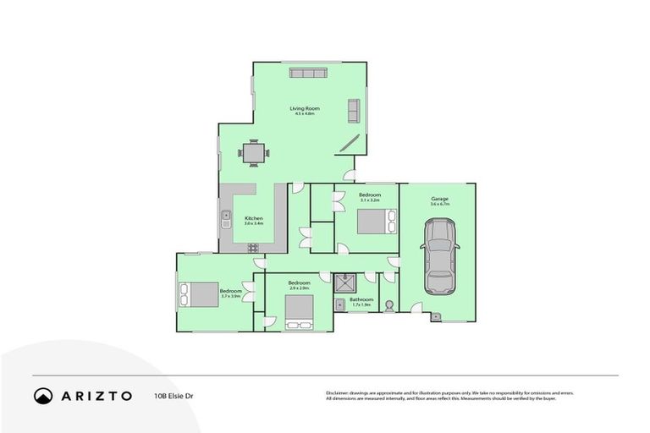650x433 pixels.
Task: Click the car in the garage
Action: tap(439, 256)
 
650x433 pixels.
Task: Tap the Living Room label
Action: tap(304, 108)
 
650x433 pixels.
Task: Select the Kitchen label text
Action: tap(254, 217)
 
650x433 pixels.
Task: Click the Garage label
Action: tap(439, 199)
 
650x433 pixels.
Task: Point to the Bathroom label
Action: tap(363, 299)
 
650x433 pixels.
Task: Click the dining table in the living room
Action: tap(254, 152)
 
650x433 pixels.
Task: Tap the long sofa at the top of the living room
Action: tap(308, 74)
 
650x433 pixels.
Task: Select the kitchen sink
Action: tap(226, 220)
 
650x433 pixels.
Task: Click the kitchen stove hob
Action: tap(252, 248)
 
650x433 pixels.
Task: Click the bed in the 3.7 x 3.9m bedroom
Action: tap(196, 294)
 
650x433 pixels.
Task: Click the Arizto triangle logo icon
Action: tap(43, 395)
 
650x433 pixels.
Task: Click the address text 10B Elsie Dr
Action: tap(173, 395)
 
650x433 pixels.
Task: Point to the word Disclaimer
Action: tap(339, 393)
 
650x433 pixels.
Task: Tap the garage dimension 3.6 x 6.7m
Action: tap(439, 205)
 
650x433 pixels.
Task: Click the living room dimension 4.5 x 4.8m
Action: tap(304, 114)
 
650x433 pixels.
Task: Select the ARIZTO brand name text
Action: tap(95, 395)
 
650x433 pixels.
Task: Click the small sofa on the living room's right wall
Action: tap(353, 111)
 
